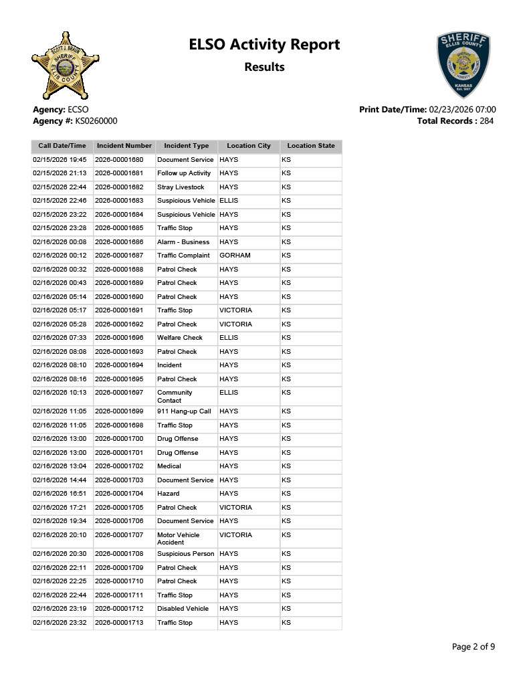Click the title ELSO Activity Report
pos(264,45)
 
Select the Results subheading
pos(264,67)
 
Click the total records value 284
pos(487,121)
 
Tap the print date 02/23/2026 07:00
pos(462,110)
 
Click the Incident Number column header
pos(124,146)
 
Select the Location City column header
pos(249,146)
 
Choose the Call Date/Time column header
pos(62,146)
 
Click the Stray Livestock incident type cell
pos(181,187)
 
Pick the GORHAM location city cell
pos(235,256)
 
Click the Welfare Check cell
pos(179,338)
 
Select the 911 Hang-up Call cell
pos(184,411)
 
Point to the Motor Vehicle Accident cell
pos(178,539)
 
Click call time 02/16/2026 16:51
pos(60,494)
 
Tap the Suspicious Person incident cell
pos(185,554)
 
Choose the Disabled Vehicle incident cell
pos(183,609)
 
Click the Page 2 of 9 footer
pos(473,647)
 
